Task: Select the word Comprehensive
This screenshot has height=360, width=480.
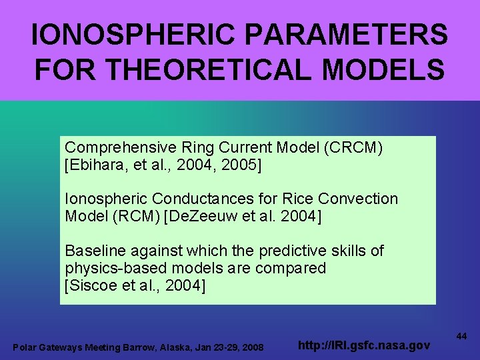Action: coord(116,147)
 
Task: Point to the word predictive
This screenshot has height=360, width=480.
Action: coord(290,251)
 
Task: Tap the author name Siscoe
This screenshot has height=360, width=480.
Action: coord(93,285)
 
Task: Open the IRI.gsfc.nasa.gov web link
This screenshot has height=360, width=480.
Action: coord(363,346)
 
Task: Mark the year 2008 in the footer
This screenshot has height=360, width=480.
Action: coord(252,347)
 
